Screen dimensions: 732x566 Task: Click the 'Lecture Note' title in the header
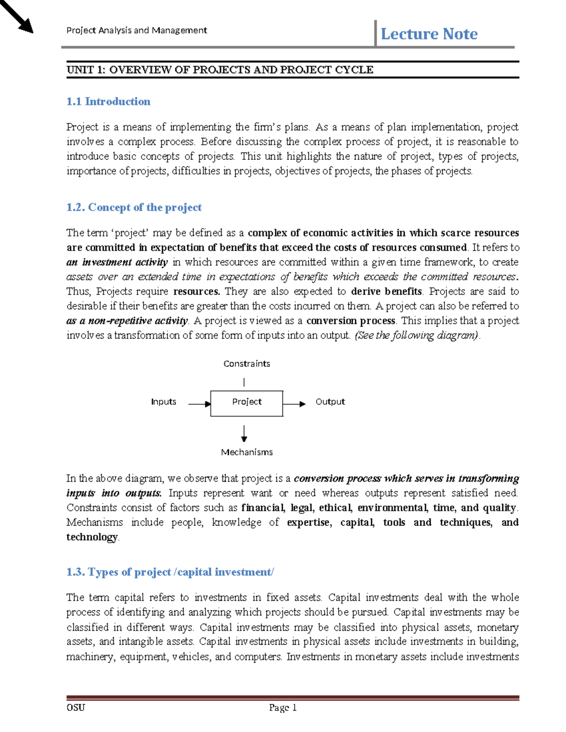pyautogui.click(x=429, y=34)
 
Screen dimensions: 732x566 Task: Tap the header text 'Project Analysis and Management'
pyautogui.click(x=137, y=31)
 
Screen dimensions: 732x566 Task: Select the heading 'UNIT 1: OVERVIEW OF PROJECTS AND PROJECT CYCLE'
pyautogui.click(x=220, y=70)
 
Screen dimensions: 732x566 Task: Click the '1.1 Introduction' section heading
pyautogui.click(x=108, y=101)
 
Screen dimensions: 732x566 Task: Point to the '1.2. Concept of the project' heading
pyautogui.click(x=134, y=207)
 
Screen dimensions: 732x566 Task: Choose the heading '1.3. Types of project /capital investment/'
pyautogui.click(x=170, y=572)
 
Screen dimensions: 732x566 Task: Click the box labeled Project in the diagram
pyautogui.click(x=247, y=403)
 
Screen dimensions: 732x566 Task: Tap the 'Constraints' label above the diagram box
pyautogui.click(x=247, y=364)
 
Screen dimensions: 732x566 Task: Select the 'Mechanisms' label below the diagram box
pyautogui.click(x=247, y=452)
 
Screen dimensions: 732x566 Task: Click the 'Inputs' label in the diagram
pyautogui.click(x=163, y=402)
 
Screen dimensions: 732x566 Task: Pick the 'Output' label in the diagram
pyautogui.click(x=330, y=402)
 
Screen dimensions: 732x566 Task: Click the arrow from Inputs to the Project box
pyautogui.click(x=200, y=404)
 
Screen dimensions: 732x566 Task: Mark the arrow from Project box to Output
pyautogui.click(x=295, y=404)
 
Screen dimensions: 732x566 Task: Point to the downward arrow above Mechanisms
pyautogui.click(x=244, y=433)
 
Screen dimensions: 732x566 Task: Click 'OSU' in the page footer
pyautogui.click(x=75, y=707)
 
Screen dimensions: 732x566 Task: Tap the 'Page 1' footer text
pyautogui.click(x=283, y=707)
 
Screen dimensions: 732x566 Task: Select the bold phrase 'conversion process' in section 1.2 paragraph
pyautogui.click(x=350, y=321)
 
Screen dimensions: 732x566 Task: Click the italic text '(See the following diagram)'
pyautogui.click(x=417, y=336)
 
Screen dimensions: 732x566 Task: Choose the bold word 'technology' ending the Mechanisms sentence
pyautogui.click(x=92, y=537)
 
